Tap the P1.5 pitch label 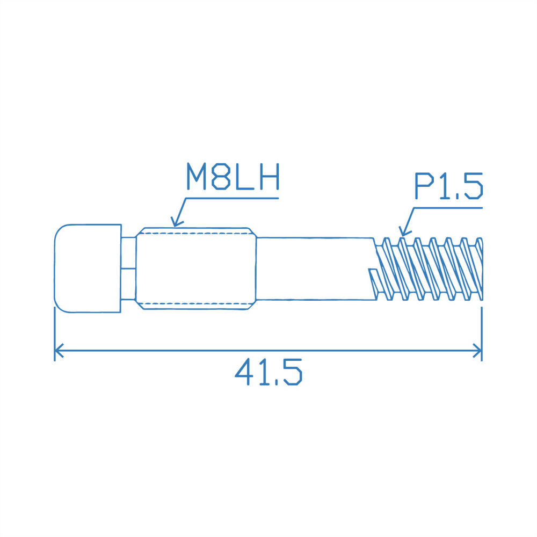coord(448,186)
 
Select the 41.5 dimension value coord(268,372)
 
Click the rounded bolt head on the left coord(87,267)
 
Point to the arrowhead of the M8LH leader coord(173,224)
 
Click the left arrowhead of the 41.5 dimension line coord(57,351)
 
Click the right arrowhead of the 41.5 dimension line coord(479,351)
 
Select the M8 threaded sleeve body coord(196,268)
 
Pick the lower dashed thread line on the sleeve coord(196,304)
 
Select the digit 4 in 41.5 coord(244,372)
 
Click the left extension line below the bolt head coord(55,333)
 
